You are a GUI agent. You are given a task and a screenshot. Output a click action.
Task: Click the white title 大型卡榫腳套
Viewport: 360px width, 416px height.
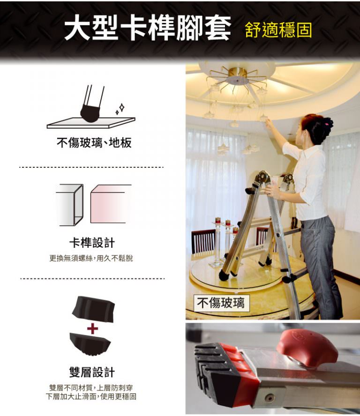tap(147, 28)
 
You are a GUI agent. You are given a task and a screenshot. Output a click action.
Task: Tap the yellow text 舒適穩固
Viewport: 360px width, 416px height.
tap(278, 30)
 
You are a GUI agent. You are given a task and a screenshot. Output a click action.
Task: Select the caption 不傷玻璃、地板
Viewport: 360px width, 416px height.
tap(94, 142)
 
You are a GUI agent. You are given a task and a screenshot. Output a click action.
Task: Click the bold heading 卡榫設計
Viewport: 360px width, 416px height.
tap(92, 243)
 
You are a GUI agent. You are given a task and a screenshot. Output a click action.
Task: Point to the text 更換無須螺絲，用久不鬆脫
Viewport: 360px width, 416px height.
tap(91, 258)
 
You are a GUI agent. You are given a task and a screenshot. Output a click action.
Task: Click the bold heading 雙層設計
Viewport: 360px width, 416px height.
tap(92, 372)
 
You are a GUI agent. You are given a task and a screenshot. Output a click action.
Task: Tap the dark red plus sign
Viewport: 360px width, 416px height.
tap(92, 329)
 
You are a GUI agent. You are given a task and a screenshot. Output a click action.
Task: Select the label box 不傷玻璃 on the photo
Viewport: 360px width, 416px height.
tap(221, 303)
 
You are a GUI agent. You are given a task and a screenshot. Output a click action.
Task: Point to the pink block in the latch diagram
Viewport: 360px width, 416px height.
tap(109, 204)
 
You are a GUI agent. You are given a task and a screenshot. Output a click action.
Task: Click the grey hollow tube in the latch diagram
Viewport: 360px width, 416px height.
tap(70, 205)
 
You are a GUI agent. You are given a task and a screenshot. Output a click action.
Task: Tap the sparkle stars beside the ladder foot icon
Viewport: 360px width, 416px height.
tap(120, 109)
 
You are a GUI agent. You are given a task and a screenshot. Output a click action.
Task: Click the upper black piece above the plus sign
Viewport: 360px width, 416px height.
tap(93, 309)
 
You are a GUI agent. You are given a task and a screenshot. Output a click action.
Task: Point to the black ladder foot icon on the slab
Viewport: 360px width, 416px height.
tap(90, 113)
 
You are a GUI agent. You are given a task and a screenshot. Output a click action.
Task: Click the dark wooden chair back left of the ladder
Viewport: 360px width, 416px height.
tap(203, 241)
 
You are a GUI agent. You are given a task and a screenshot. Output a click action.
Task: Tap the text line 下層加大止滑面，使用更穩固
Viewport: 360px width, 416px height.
tap(91, 397)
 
